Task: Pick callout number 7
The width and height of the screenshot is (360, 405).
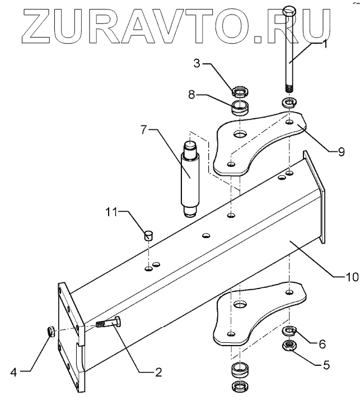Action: point(144,130)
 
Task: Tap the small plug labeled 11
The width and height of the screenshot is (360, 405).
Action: point(149,235)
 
